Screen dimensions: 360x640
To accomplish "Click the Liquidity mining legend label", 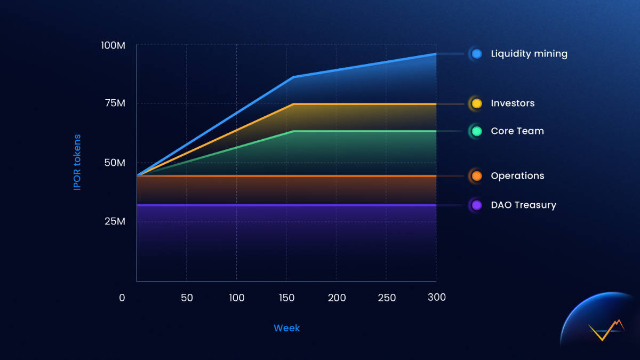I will coord(529,54).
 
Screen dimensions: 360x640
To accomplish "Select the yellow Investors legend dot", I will coord(476,103).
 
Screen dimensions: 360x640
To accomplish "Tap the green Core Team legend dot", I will coord(476,131).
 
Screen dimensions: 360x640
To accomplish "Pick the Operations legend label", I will coord(517,176).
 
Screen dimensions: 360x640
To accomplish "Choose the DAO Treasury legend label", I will coord(523,205).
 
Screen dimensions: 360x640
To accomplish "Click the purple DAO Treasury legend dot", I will coord(476,205).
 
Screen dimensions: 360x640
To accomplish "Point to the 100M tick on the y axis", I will coord(113,45).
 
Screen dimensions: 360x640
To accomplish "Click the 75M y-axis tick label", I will coord(114,103).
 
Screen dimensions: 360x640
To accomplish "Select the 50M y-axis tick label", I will coord(114,162).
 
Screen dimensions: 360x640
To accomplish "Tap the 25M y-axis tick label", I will coord(114,221).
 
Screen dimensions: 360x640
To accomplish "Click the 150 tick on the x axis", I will coord(287,298).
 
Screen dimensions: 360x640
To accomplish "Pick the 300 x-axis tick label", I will coord(437,297).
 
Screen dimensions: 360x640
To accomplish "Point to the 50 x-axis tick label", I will coord(187,298).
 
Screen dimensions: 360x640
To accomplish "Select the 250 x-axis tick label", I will coord(387,298).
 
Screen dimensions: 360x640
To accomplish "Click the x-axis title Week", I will coord(286,328).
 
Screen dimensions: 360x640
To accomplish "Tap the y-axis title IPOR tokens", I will coord(77,163).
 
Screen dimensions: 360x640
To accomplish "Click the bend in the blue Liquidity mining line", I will coord(293,77).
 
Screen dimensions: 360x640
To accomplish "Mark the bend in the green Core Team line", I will coord(293,131).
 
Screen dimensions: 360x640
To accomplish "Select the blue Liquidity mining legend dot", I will coord(476,54).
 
